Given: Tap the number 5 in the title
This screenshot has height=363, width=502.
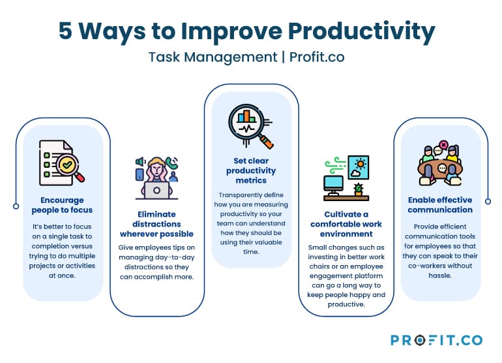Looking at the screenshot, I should pyautogui.click(x=66, y=31).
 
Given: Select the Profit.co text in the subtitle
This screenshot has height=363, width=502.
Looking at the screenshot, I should pyautogui.click(x=317, y=57).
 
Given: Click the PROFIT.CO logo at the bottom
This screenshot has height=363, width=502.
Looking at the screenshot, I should pyautogui.click(x=436, y=340).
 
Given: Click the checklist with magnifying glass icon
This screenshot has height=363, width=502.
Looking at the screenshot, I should pyautogui.click(x=62, y=161).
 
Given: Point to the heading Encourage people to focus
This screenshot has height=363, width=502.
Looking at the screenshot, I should pyautogui.click(x=62, y=205).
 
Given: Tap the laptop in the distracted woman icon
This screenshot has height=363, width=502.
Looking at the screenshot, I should pyautogui.click(x=156, y=190).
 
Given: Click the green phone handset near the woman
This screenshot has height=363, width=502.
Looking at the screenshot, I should pyautogui.click(x=172, y=163).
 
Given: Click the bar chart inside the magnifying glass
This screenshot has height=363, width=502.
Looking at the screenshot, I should pyautogui.click(x=246, y=118).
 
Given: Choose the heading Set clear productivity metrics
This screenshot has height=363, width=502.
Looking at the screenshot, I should pyautogui.click(x=251, y=170).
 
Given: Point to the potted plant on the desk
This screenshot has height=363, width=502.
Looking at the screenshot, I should pyautogui.click(x=358, y=189).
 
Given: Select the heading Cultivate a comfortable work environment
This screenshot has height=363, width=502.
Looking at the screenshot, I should pyautogui.click(x=346, y=224).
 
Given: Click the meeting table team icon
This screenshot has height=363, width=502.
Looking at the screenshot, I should pyautogui.click(x=440, y=164).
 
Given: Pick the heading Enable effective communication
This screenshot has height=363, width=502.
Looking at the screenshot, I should pyautogui.click(x=440, y=205).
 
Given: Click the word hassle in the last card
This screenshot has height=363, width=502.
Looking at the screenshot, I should pyautogui.click(x=440, y=277).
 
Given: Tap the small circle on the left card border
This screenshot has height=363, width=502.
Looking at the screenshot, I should pyautogui.click(x=16, y=206).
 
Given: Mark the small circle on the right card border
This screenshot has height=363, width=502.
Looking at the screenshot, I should pyautogui.click(x=486, y=200).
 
